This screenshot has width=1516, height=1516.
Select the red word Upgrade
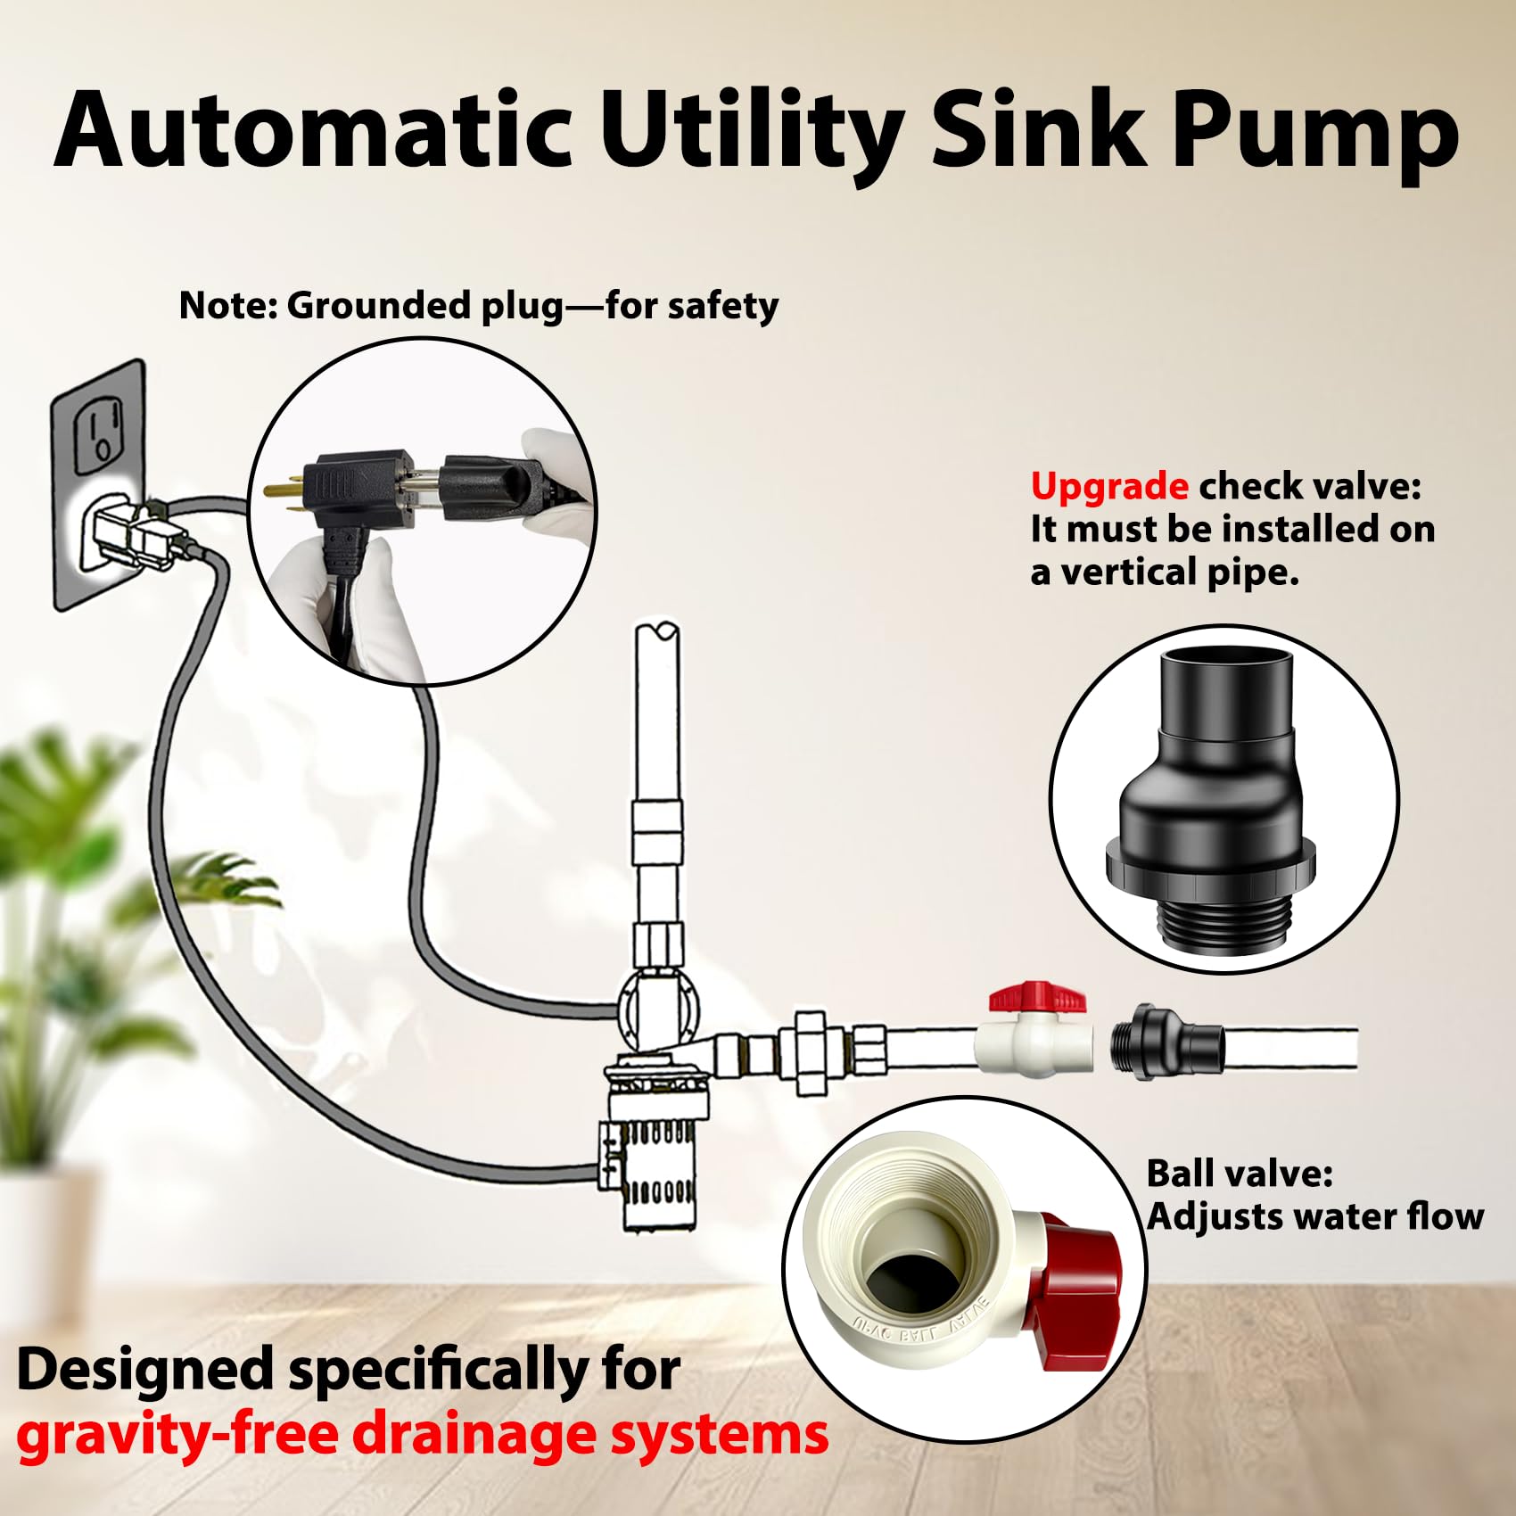1108,488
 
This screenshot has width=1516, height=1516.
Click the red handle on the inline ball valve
1037,996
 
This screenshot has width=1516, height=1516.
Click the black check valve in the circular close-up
1224,794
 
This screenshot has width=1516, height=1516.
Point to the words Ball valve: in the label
1239,1174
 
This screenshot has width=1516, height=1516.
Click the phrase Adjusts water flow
1315,1216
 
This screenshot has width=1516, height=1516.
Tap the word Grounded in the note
381,306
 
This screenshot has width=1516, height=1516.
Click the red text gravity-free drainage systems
423,1436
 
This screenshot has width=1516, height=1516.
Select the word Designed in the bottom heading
145,1369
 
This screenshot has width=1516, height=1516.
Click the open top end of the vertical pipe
657,631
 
